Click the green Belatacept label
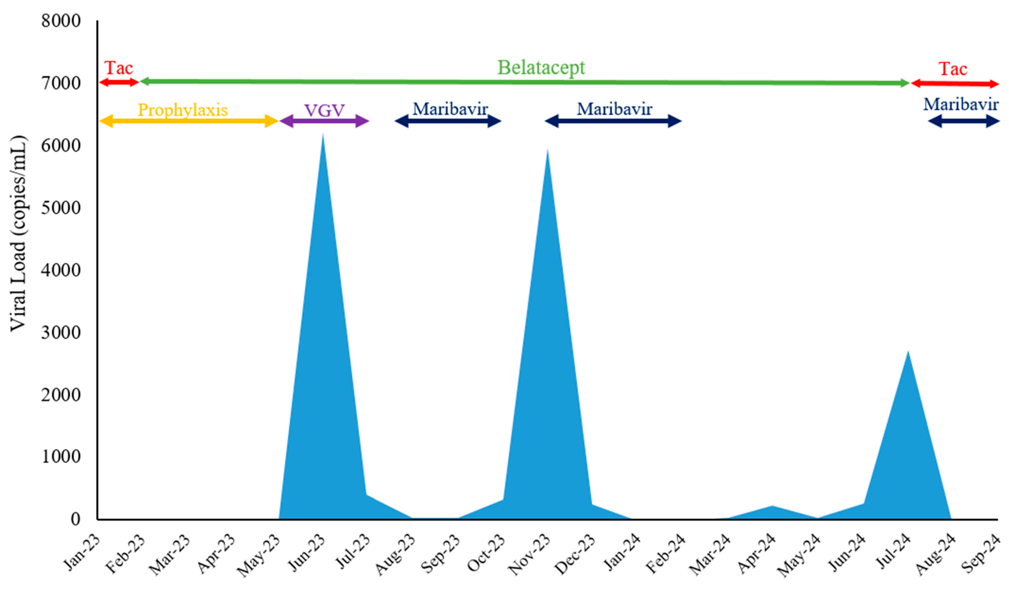pyautogui.click(x=541, y=67)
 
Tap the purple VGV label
pyautogui.click(x=324, y=110)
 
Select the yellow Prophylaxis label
pyautogui.click(x=183, y=110)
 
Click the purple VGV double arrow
pyautogui.click(x=324, y=121)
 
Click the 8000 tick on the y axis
pyautogui.click(x=61, y=21)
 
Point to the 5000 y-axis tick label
pyautogui.click(x=61, y=208)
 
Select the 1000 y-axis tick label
pyautogui.click(x=61, y=457)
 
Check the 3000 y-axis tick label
pyautogui.click(x=61, y=332)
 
